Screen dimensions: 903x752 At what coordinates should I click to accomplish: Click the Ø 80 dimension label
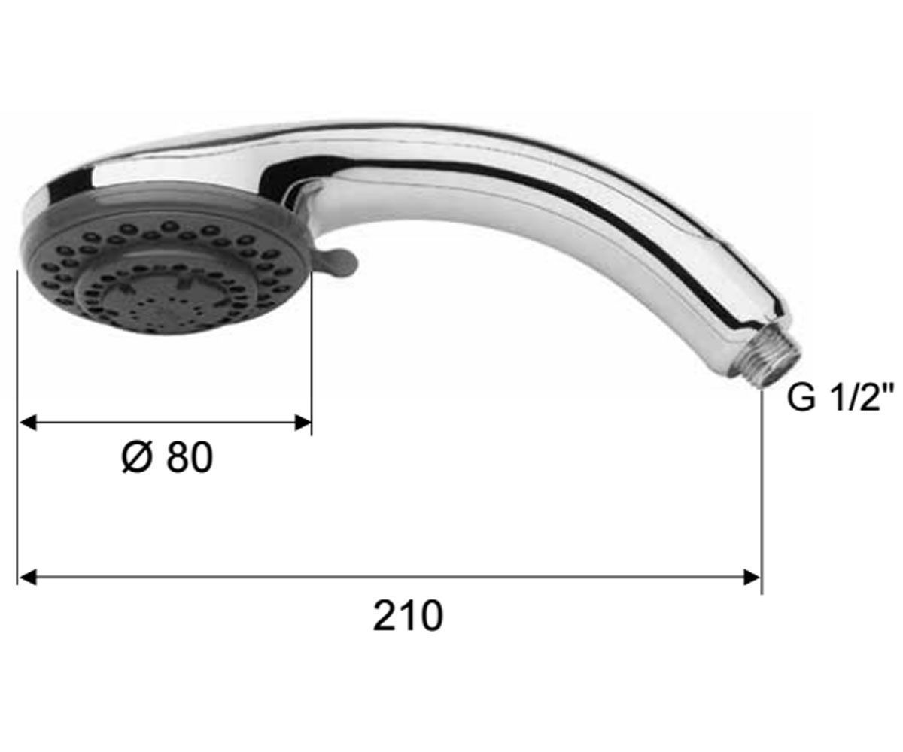point(168,457)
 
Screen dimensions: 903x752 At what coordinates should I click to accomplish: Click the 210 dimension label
point(409,616)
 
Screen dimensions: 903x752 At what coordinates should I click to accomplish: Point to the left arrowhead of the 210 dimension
point(27,577)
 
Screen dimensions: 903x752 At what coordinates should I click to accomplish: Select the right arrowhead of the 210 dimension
point(752,577)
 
